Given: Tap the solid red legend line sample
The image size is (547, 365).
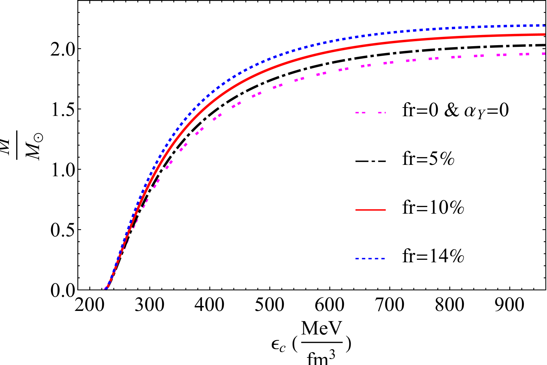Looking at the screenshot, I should (370, 210).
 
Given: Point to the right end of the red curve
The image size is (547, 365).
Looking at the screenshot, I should (544, 35).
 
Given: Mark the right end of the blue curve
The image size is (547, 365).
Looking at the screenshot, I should (544, 25).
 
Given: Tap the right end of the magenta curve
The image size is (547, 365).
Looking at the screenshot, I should (544, 53).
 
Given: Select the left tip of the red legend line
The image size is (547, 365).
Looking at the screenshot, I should (356, 210).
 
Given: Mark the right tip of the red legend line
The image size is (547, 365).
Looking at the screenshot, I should (385, 210).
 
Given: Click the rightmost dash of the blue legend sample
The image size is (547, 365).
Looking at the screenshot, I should (383, 259).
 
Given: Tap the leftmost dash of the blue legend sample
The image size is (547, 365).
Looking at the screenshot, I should (357, 259).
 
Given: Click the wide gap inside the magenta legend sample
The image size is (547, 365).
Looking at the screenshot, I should (372, 112).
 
